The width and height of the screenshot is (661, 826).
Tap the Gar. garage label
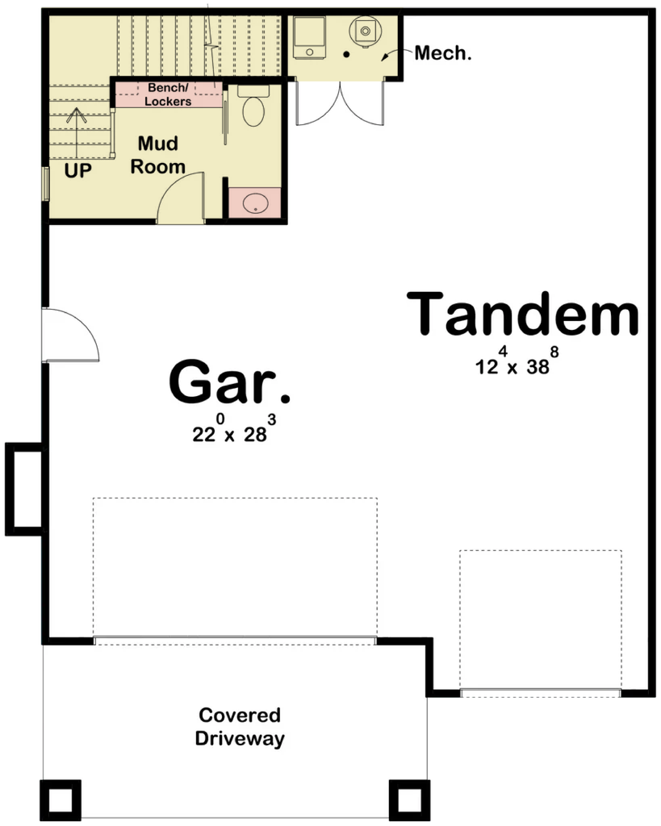click(x=229, y=381)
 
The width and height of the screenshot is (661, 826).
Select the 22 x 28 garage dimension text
click(x=234, y=429)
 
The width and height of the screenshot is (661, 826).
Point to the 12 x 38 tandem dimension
click(x=517, y=361)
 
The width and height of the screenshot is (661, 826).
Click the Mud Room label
click(x=157, y=155)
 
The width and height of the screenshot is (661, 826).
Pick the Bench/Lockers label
click(x=168, y=94)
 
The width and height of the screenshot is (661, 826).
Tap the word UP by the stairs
click(x=78, y=170)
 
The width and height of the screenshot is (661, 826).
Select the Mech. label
click(x=443, y=52)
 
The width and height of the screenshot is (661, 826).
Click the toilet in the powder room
click(x=253, y=106)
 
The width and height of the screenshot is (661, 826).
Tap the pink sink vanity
click(x=255, y=202)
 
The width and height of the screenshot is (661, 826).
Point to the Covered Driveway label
click(x=240, y=727)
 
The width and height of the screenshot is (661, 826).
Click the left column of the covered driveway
click(x=60, y=800)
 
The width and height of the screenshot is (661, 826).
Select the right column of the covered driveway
click(x=409, y=800)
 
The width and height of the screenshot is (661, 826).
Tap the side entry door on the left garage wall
click(x=70, y=335)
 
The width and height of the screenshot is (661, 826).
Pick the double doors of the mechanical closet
click(x=341, y=102)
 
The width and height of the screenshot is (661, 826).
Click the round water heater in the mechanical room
click(x=364, y=31)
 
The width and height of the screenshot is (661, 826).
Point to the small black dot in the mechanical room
click(x=347, y=54)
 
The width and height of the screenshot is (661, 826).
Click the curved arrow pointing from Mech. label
click(x=395, y=52)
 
